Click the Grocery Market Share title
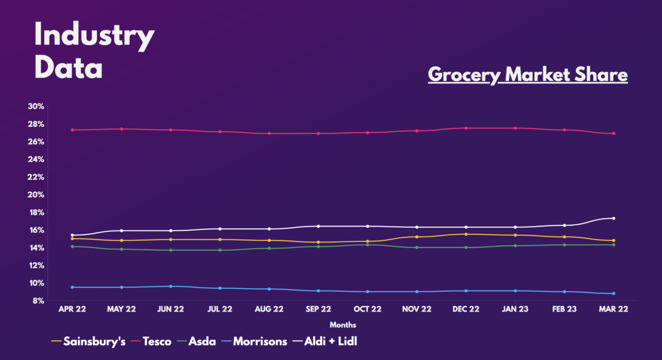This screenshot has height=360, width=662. point(527,74)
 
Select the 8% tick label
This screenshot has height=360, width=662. point(38,300)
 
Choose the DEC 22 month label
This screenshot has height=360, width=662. point(466,310)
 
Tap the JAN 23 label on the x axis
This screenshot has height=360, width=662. point(515,310)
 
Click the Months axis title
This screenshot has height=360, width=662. point(343,325)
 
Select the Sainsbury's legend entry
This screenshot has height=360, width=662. point(88,341)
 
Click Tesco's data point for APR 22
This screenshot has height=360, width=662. point(72,130)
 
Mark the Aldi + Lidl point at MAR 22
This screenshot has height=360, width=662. point(613,218)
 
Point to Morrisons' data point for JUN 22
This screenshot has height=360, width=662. point(170,286)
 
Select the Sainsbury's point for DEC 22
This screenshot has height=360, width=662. point(466,234)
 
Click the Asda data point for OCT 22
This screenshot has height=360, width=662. point(367,245)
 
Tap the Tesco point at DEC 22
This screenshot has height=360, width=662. point(466,128)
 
